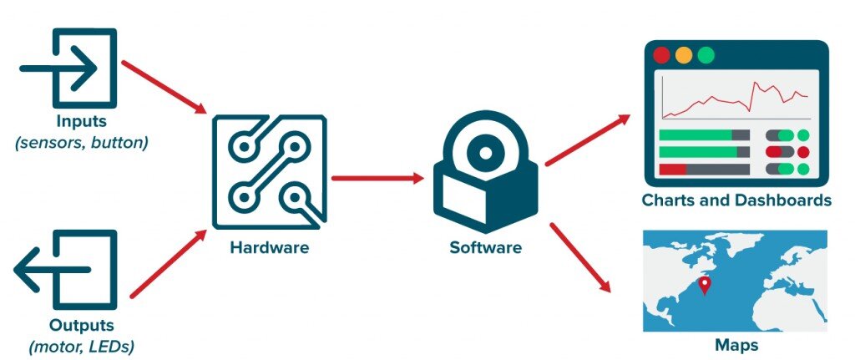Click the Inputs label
(x=82, y=122)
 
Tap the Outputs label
(x=82, y=325)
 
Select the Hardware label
(x=269, y=248)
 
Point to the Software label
(x=485, y=248)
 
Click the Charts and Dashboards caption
(x=736, y=200)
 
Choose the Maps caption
(x=736, y=344)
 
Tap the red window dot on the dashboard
(x=662, y=56)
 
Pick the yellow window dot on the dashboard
(x=684, y=56)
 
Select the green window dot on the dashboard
(x=706, y=56)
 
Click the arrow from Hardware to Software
(x=377, y=177)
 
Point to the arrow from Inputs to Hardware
(x=164, y=86)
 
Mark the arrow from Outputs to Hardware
(x=168, y=263)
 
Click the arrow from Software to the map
(x=579, y=256)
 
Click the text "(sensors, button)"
(x=82, y=142)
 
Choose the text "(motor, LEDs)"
(x=82, y=345)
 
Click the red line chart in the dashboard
(x=736, y=99)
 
